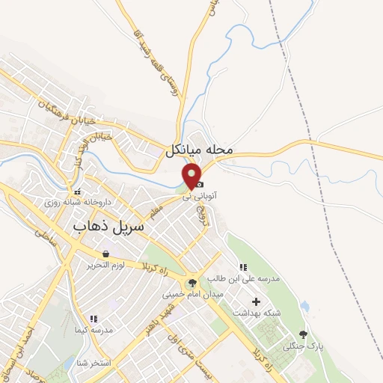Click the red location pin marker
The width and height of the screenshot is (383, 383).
click(x=191, y=177)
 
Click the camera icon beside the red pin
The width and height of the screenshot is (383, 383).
click(x=200, y=184)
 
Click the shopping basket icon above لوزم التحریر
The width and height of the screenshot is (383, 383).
click(x=110, y=254)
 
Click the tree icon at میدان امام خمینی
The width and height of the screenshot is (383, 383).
click(x=193, y=283)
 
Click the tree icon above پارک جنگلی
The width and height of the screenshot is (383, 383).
click(x=303, y=334)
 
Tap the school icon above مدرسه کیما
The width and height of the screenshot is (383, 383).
click(x=92, y=319)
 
